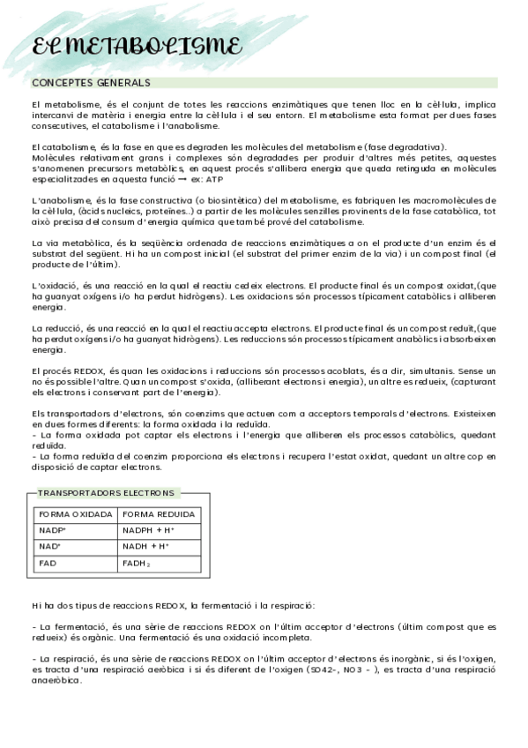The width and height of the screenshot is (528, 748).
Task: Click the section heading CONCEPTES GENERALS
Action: click(x=91, y=83)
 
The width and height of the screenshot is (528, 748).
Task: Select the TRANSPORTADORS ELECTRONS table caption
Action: click(x=106, y=493)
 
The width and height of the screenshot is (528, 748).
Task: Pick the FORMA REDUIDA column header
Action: click(x=158, y=514)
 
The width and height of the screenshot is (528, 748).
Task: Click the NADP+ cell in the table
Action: click(x=53, y=530)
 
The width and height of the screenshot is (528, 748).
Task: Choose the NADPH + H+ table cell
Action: click(x=148, y=530)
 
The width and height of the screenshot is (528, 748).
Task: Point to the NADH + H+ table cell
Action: click(x=145, y=546)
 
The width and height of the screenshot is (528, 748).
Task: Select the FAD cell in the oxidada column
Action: click(x=48, y=562)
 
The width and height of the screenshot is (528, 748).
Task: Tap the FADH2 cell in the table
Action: click(x=136, y=563)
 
